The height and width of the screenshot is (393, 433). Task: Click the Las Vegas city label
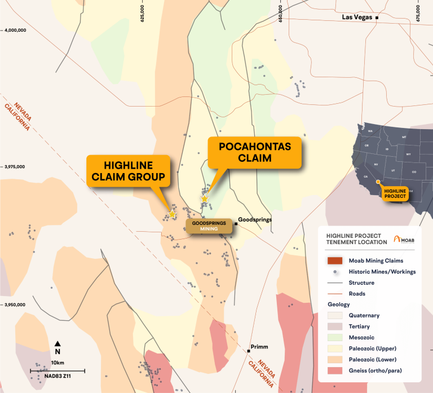point(357,17)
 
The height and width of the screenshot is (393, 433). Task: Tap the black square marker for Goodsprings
point(236,224)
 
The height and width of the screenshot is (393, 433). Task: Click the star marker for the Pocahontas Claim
point(204,198)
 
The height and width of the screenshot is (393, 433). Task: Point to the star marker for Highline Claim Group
point(172,214)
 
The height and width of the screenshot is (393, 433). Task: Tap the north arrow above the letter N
point(58,343)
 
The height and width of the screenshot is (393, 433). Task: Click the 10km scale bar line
point(58,370)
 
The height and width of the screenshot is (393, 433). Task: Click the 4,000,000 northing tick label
point(16,30)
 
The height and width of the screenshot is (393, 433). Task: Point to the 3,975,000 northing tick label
point(16,167)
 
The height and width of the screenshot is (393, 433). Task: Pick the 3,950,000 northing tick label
point(16,304)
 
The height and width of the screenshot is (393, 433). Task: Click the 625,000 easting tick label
point(143,12)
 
